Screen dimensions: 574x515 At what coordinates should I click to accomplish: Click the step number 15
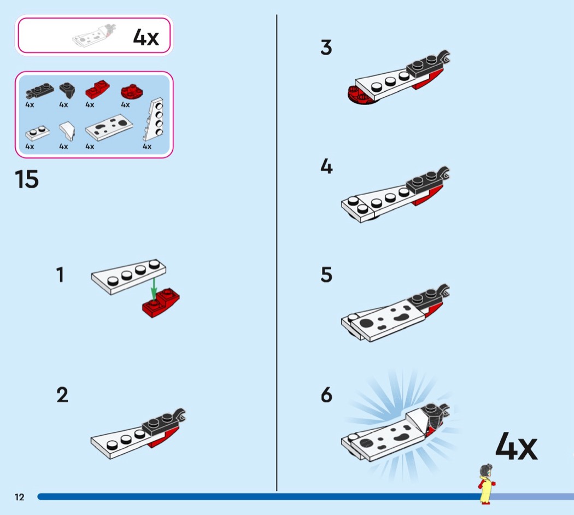click(27, 179)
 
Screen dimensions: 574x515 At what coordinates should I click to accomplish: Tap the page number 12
click(19, 497)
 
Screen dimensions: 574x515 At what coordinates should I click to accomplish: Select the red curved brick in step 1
click(161, 302)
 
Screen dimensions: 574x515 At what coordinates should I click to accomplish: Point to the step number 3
click(326, 48)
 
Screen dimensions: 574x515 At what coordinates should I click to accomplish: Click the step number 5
click(326, 274)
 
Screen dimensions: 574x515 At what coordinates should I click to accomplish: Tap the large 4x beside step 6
click(516, 446)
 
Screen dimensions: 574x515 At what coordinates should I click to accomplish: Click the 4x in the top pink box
click(146, 37)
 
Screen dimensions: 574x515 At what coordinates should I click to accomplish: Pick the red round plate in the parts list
click(132, 91)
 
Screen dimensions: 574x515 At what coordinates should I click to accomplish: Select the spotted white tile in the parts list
click(109, 127)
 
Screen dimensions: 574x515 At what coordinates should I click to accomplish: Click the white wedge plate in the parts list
click(154, 119)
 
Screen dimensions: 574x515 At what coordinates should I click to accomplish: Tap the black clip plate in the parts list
click(39, 90)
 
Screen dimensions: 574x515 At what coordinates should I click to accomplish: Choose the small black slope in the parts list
click(67, 90)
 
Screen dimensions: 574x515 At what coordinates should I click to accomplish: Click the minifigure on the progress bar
click(486, 484)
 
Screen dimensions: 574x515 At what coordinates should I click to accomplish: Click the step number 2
click(62, 395)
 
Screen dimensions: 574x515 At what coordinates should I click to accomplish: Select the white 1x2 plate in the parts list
click(37, 133)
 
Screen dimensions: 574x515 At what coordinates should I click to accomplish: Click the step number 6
click(326, 395)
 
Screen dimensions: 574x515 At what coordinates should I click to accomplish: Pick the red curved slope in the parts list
click(97, 90)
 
